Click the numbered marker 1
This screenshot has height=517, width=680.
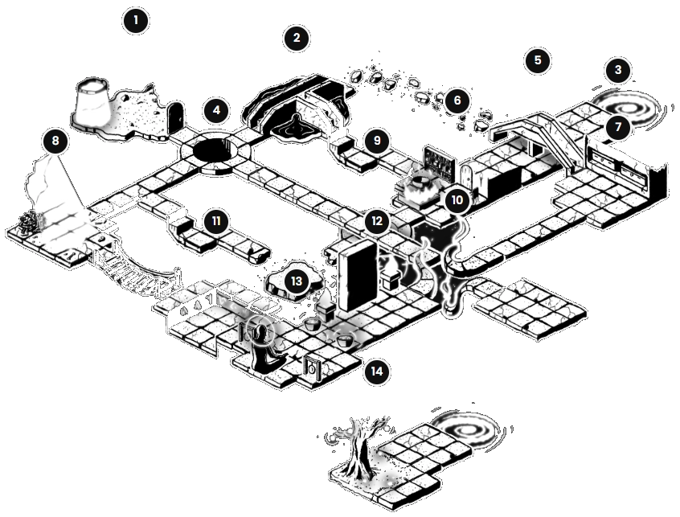(136, 20)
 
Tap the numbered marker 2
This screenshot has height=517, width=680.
(297, 38)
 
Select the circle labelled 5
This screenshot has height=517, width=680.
(538, 59)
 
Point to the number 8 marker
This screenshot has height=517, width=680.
(55, 141)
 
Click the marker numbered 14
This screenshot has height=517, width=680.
(376, 371)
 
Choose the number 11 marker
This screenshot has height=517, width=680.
(216, 221)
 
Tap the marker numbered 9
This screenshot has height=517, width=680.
(376, 141)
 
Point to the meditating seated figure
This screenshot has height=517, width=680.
(264, 349)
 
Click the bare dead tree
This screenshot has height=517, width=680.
(358, 447)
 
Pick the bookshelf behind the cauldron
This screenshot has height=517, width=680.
(439, 162)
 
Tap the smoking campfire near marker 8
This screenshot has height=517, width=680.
(31, 221)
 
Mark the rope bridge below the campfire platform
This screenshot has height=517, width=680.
(134, 269)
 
